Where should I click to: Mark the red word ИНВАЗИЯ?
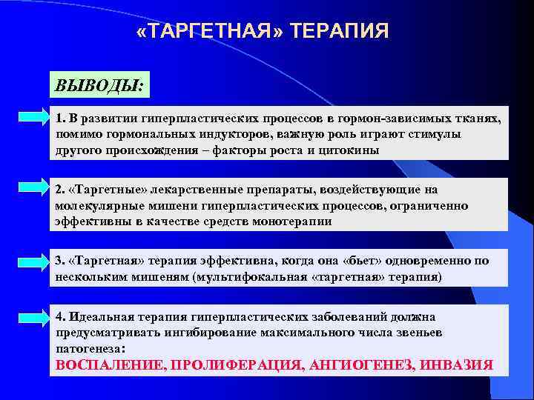(x=455, y=365)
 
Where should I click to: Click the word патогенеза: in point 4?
(x=90, y=348)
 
